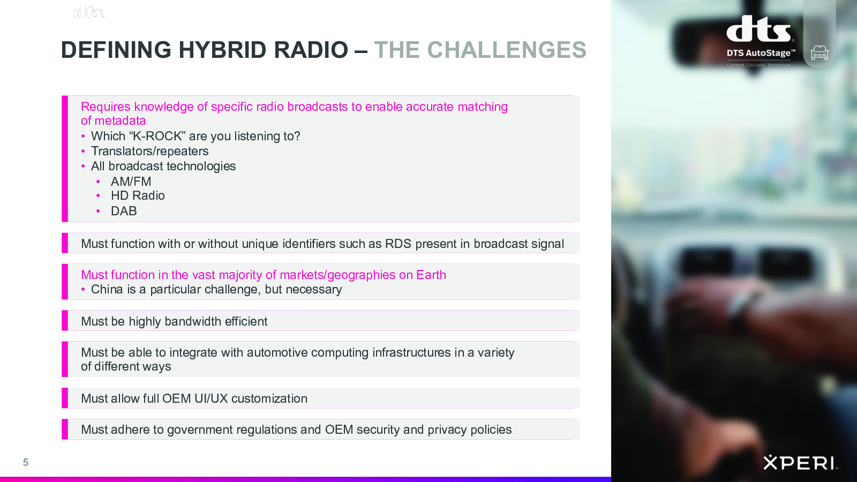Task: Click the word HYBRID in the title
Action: click(222, 50)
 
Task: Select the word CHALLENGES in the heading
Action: click(507, 50)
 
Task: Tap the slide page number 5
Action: click(26, 463)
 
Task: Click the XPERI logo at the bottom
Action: click(801, 463)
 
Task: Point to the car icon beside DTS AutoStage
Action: click(820, 53)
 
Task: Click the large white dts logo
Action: click(758, 28)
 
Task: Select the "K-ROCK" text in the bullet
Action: click(159, 136)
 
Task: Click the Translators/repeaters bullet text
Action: click(149, 151)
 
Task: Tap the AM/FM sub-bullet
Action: click(131, 182)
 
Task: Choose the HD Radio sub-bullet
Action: click(138, 195)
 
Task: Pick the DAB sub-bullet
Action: click(124, 211)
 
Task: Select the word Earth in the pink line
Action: click(431, 275)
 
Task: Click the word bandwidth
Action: click(193, 321)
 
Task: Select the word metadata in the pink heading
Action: click(120, 120)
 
